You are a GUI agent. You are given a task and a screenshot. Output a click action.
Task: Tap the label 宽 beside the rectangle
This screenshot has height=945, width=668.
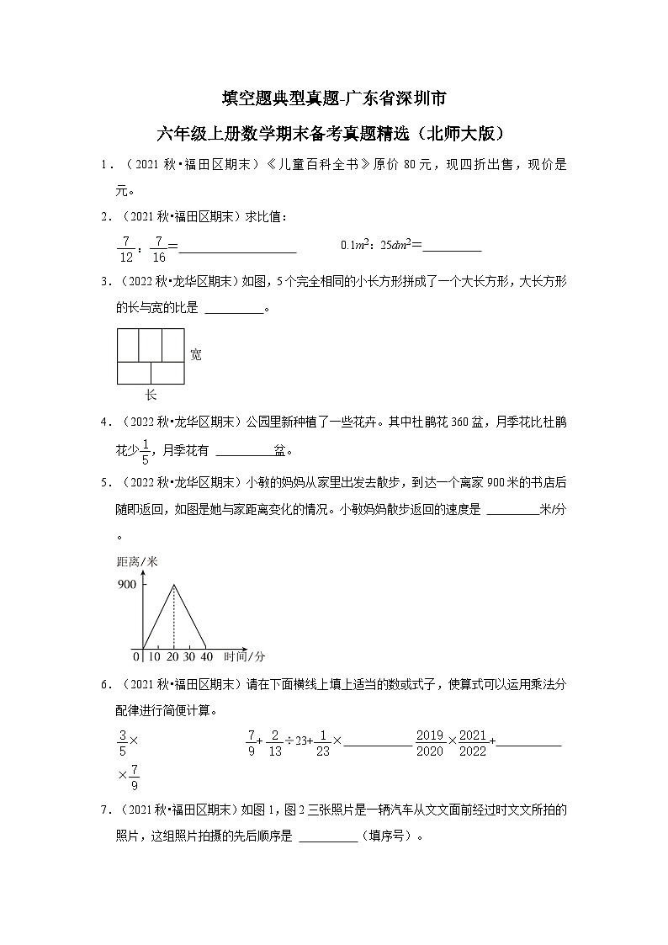[x=195, y=354]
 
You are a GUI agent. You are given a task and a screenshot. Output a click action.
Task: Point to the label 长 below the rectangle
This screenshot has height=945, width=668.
[x=151, y=395]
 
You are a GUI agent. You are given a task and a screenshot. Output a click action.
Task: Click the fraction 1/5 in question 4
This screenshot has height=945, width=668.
[x=145, y=452]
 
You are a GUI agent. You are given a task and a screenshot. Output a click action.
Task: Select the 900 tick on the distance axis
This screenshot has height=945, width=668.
[x=127, y=584]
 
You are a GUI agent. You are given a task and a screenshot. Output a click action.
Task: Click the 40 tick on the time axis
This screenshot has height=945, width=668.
[x=206, y=656]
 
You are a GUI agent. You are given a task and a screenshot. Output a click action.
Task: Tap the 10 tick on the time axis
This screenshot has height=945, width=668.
[x=156, y=656]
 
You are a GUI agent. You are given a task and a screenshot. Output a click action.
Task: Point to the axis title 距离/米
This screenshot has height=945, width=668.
[x=137, y=561]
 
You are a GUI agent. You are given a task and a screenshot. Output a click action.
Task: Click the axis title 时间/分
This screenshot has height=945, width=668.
[x=244, y=656]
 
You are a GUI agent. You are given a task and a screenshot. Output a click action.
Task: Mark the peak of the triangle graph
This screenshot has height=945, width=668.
[x=174, y=584]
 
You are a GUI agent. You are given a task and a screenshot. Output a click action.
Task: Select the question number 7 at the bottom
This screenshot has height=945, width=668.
[x=104, y=810]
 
